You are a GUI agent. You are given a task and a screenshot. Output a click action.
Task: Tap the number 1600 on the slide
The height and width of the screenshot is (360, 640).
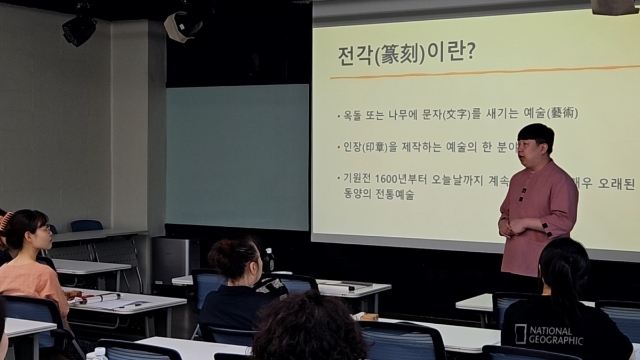coord(410,178)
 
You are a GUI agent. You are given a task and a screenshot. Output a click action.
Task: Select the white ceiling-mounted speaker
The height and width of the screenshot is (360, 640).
coord(182,25)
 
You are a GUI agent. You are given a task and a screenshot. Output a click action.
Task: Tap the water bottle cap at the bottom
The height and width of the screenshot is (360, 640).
coord(97,353)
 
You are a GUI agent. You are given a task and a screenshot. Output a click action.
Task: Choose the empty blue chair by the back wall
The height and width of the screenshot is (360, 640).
coord(86,226)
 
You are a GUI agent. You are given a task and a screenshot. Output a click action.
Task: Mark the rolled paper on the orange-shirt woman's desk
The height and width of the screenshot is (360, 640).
coord(100,297)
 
